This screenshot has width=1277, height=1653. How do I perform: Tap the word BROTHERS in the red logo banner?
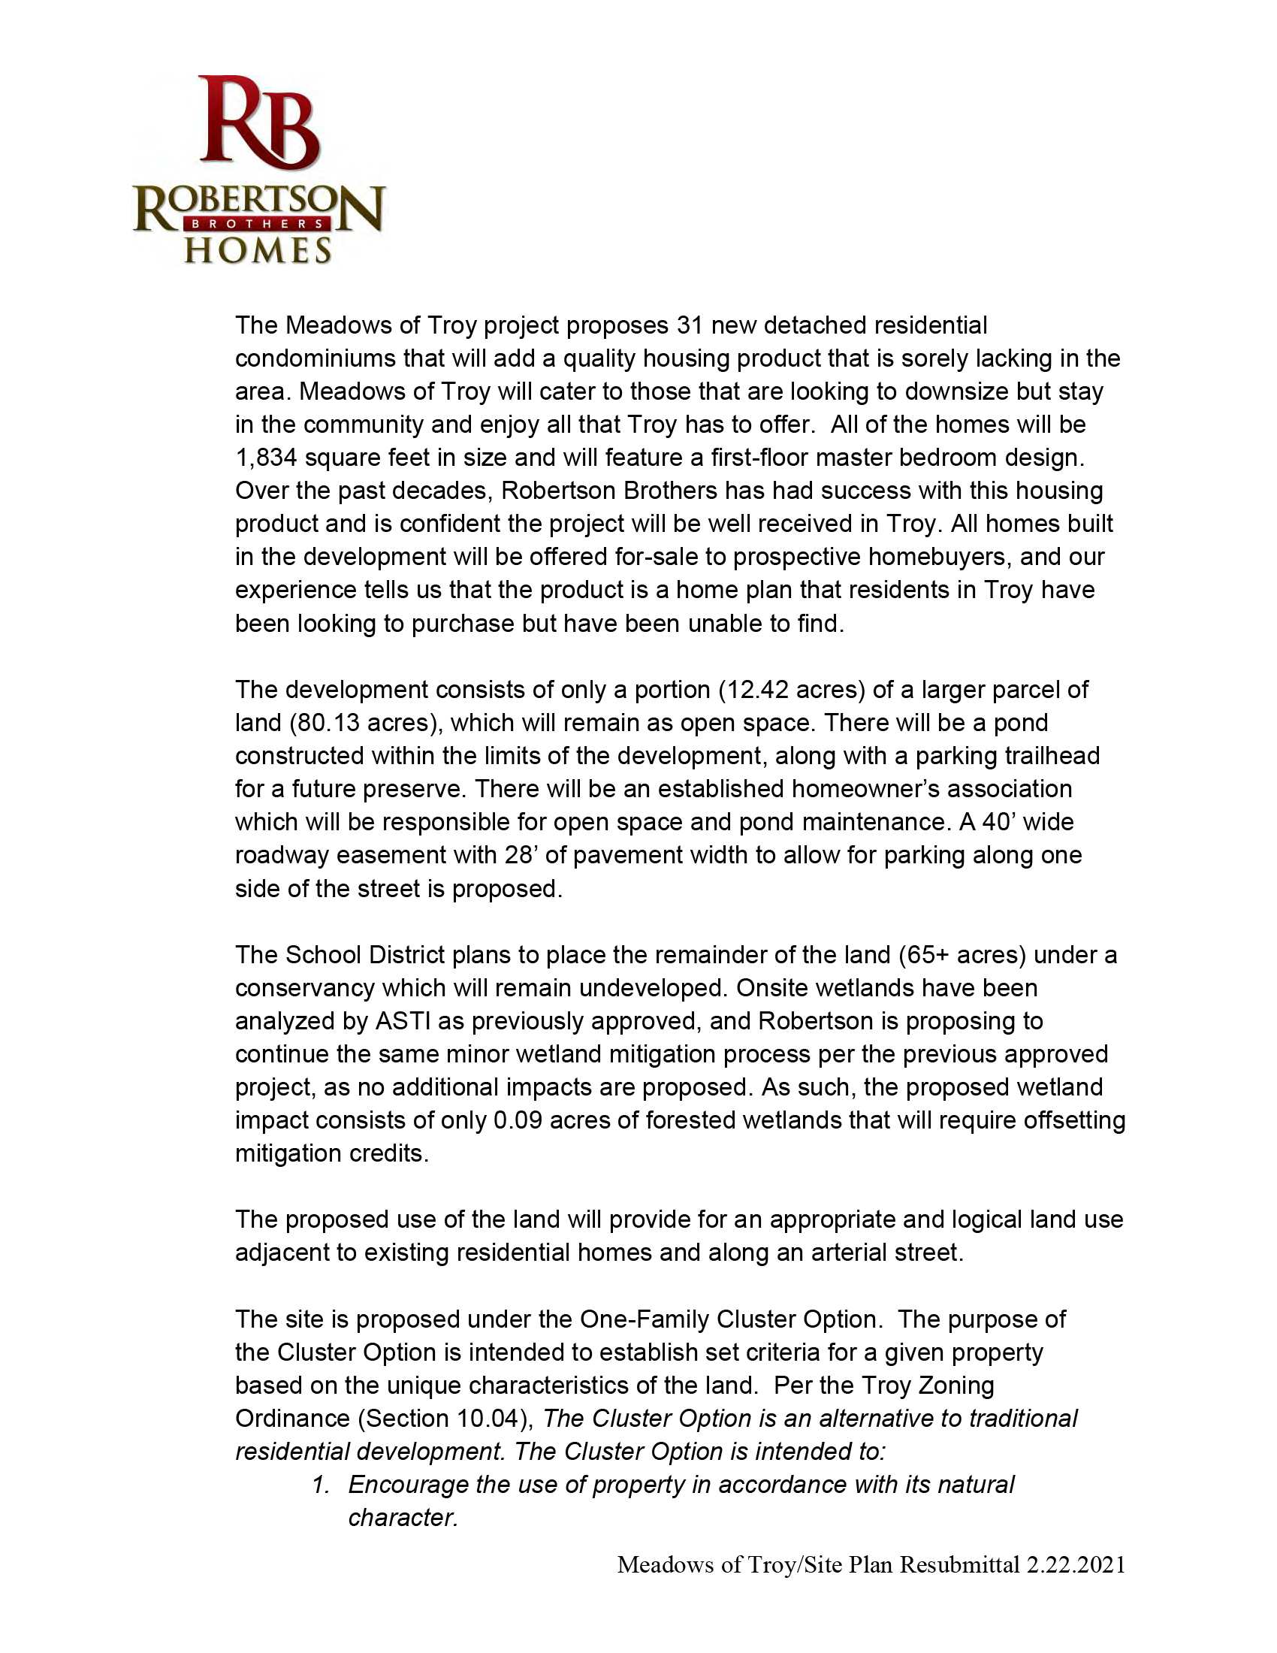click(x=258, y=224)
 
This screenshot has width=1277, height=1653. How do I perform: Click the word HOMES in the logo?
click(x=258, y=250)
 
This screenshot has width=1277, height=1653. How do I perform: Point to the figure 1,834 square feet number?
click(x=265, y=458)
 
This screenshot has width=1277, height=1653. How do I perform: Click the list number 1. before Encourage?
click(x=321, y=1485)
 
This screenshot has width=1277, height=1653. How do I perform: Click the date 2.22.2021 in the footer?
click(x=1075, y=1564)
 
